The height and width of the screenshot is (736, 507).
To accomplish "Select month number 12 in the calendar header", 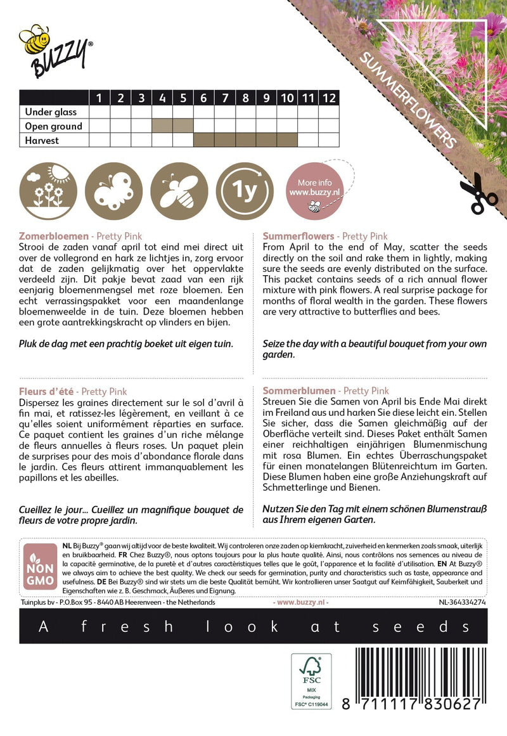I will tap(328, 98).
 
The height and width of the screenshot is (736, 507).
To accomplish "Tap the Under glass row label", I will tap(51, 112).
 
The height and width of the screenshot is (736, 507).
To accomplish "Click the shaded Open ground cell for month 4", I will tap(162, 126).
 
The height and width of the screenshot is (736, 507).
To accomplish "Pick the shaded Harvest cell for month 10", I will tap(287, 140).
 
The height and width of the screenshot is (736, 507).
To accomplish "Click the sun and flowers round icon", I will tap(49, 191).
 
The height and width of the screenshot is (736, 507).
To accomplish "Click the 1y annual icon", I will tap(245, 191).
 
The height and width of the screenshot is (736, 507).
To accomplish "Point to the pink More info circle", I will tap(311, 191).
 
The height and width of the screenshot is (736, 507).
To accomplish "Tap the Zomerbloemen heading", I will tap(54, 236).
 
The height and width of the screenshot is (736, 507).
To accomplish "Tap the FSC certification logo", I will tap(311, 685).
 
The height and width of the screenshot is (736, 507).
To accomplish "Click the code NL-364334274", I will tap(462, 602).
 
